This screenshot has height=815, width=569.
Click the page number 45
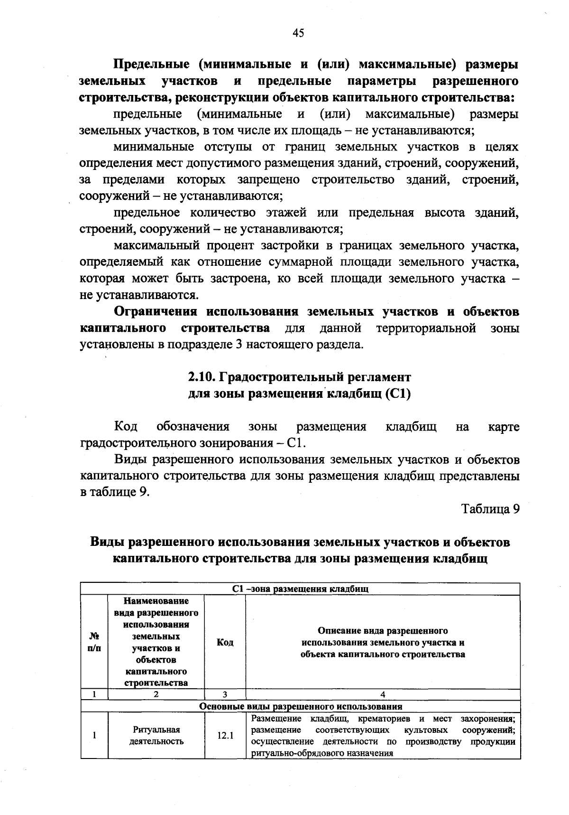click(298, 33)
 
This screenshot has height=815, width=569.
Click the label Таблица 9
click(491, 509)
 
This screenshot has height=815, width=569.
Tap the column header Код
click(225, 643)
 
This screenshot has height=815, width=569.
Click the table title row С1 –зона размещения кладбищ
click(301, 589)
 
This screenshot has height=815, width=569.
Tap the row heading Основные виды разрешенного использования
click(301, 706)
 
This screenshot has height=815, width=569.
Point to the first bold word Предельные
click(151, 65)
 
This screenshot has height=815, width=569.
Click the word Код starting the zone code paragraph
click(126, 427)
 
